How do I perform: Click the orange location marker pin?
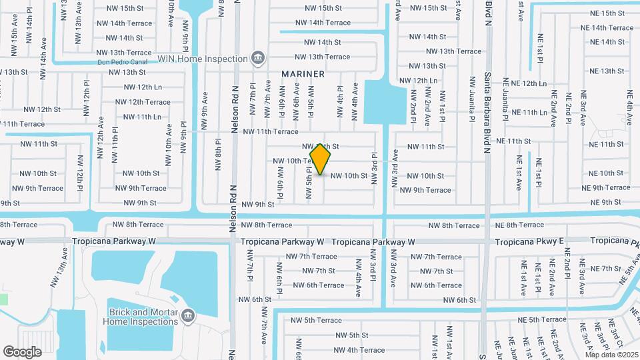(321, 159)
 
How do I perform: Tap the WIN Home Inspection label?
(203, 59)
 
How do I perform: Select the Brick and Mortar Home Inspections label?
(141, 317)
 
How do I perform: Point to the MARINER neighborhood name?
(303, 74)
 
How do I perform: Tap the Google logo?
(22, 352)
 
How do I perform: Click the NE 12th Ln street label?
(525, 83)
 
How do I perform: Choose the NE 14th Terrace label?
(607, 28)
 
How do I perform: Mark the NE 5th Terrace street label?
(538, 321)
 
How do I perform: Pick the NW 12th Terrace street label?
(143, 102)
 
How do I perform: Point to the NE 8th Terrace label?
(521, 225)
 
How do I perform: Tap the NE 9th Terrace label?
(605, 188)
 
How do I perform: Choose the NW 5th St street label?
(352, 335)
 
